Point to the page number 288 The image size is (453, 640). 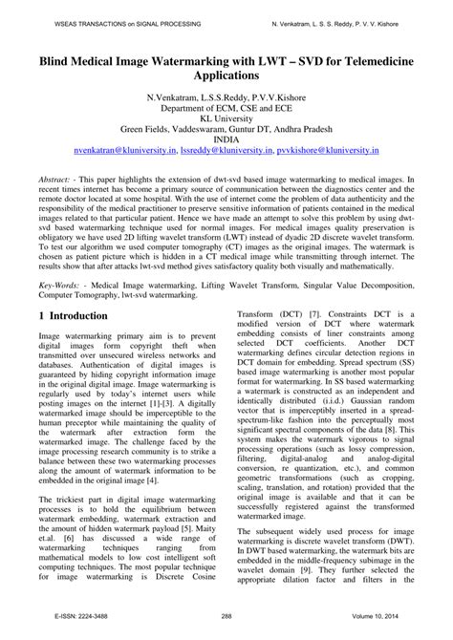pyautogui.click(x=226, y=629)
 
